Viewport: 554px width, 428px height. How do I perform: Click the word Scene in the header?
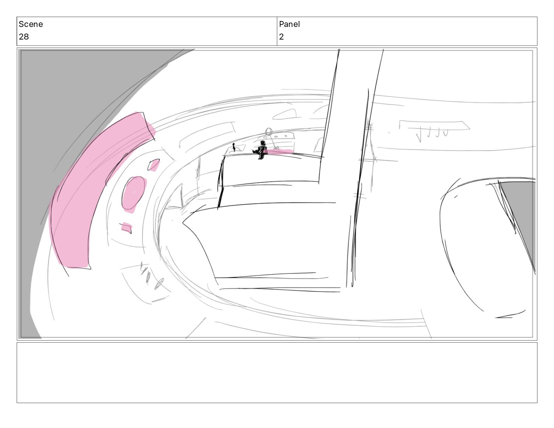(30, 24)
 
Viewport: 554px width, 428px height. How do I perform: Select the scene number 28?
(24, 37)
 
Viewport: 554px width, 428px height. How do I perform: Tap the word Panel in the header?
(289, 24)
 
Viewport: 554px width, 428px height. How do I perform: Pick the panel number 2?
(281, 37)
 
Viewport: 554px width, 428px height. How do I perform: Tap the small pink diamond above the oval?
(154, 165)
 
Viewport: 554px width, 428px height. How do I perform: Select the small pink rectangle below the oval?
(127, 227)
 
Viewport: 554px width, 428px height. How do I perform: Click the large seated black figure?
(261, 150)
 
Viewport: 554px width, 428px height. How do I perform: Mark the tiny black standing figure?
(234, 147)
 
